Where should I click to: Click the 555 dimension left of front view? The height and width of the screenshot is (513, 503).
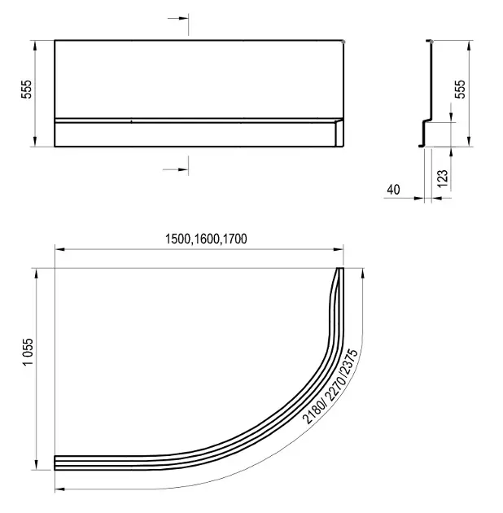(27, 89)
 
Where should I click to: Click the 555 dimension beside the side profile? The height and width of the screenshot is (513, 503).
(460, 89)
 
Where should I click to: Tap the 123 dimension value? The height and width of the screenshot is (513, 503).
(442, 178)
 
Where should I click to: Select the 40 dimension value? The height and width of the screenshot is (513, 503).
(393, 190)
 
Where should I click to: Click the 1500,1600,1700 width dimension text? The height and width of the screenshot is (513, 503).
(206, 239)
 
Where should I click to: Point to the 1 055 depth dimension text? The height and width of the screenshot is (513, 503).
(28, 352)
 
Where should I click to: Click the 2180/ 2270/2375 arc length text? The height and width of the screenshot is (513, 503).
(330, 387)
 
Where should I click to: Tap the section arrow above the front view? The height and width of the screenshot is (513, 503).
(178, 18)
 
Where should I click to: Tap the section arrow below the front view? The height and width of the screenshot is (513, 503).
(176, 169)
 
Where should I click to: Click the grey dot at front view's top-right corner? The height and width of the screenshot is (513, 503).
(343, 42)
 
